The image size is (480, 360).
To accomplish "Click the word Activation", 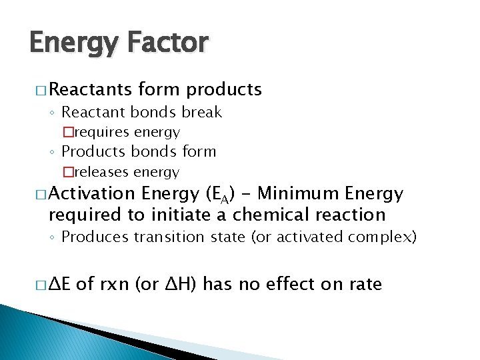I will [91, 194].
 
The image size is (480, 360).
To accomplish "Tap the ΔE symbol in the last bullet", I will [60, 285].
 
